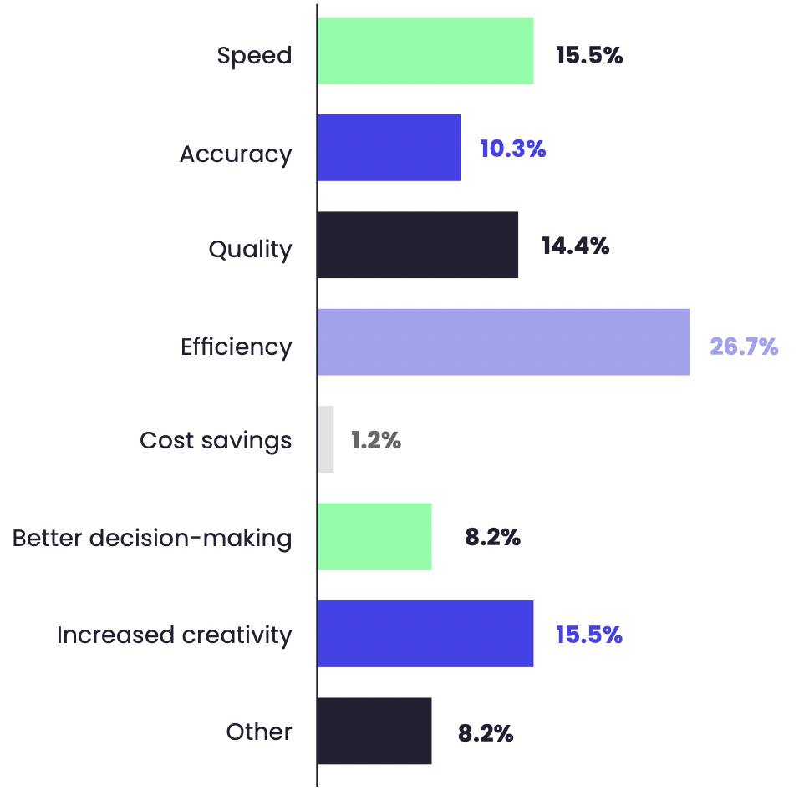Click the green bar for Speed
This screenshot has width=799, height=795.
[x=425, y=51]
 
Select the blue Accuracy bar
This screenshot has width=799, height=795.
[x=389, y=148]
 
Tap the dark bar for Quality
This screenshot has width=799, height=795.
[x=417, y=245]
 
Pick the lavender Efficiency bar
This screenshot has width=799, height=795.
[x=503, y=342]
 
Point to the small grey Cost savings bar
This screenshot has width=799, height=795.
[x=326, y=439]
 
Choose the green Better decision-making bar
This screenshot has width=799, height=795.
[x=374, y=536]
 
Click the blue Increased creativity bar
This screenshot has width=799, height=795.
[x=425, y=634]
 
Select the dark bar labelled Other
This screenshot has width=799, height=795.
[x=374, y=731]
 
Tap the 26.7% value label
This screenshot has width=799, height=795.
[x=744, y=347]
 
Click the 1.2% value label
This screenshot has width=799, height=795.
[x=376, y=441]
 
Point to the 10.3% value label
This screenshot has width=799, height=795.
[x=512, y=149]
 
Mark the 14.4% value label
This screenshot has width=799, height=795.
[x=575, y=246]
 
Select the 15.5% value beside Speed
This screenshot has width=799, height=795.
[x=589, y=56]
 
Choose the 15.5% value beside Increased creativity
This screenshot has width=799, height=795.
[x=589, y=635]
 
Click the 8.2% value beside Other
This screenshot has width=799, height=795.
[x=486, y=734]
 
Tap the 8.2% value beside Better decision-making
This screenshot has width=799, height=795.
[x=493, y=538]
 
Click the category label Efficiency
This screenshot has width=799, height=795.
[x=237, y=347]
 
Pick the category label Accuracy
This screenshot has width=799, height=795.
[x=236, y=154]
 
